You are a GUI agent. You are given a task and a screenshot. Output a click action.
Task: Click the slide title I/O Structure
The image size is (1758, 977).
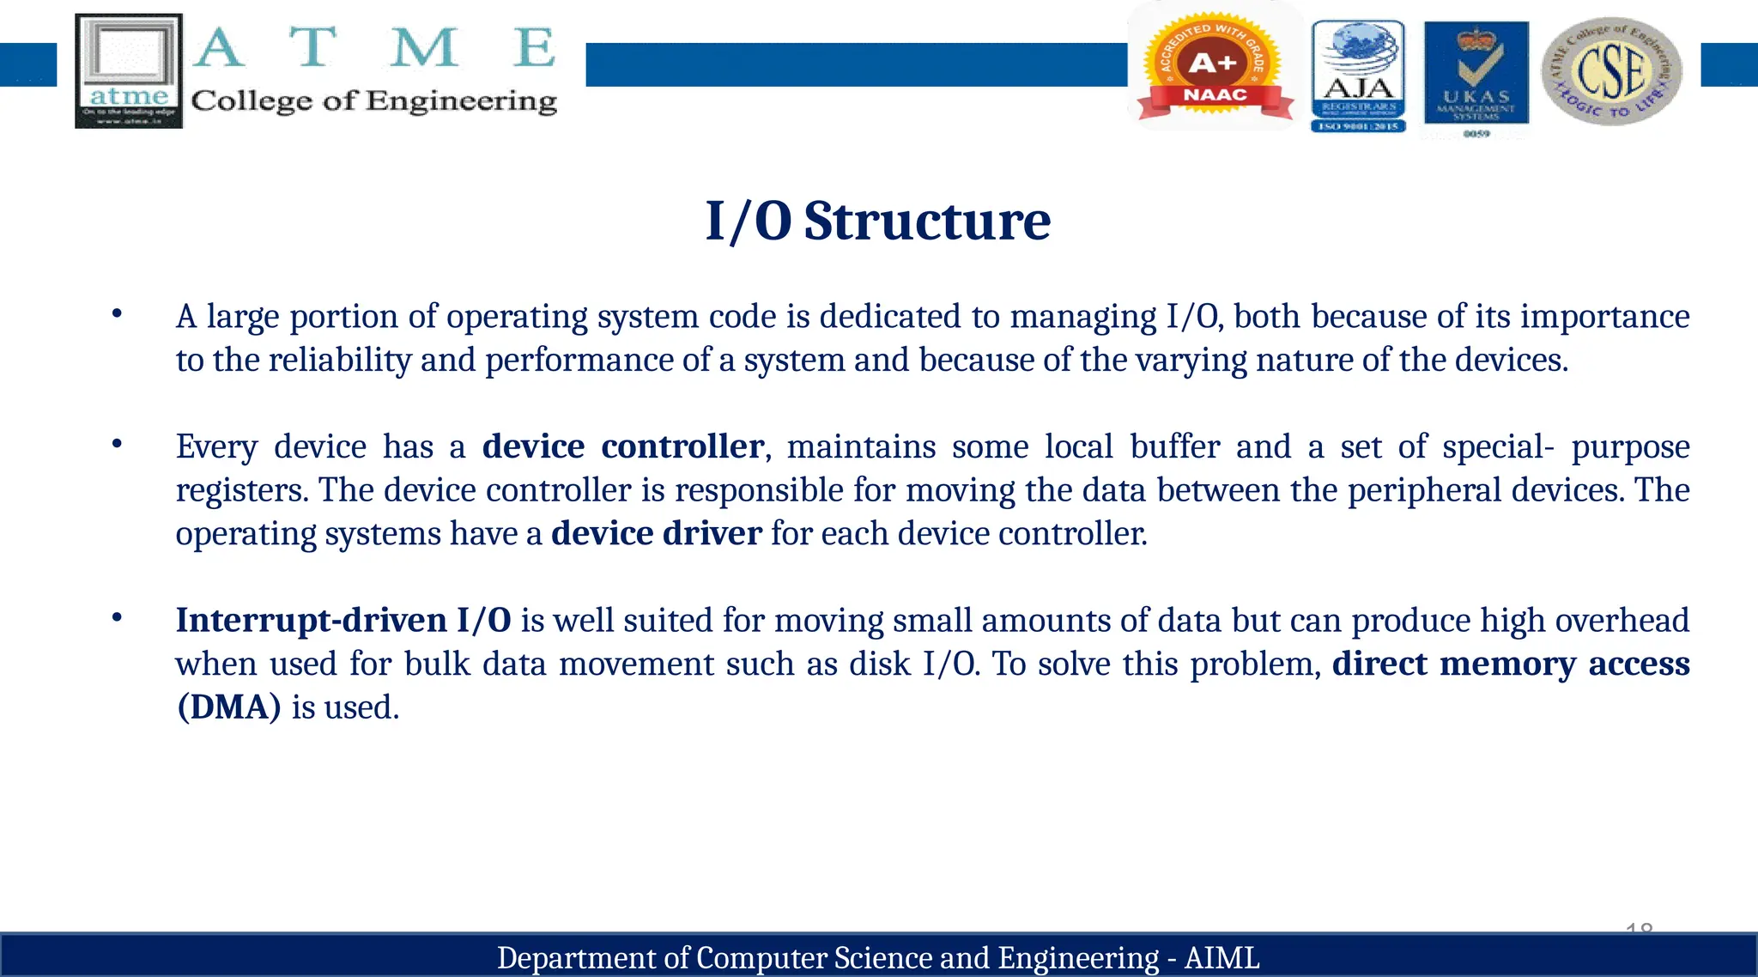click(x=877, y=221)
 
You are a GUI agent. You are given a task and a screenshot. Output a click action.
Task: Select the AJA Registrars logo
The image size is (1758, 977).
click(x=1358, y=76)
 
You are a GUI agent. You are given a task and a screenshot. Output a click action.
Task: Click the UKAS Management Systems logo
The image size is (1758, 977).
click(x=1476, y=76)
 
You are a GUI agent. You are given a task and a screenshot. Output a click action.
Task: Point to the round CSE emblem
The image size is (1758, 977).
click(x=1611, y=71)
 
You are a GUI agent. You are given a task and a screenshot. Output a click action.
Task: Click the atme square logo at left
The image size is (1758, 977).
click(x=129, y=70)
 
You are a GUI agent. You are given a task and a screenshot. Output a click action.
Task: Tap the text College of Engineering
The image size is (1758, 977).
click(x=374, y=101)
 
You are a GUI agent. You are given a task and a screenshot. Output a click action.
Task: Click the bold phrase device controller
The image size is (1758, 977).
click(x=622, y=447)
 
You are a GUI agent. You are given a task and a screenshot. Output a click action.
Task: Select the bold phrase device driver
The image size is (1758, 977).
click(x=656, y=534)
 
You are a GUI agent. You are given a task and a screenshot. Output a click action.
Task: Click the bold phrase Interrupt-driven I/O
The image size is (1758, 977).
click(x=343, y=621)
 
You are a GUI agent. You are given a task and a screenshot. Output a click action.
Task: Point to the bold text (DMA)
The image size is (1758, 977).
click(x=228, y=707)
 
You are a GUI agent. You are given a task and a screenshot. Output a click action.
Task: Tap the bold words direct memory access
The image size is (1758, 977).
click(x=1510, y=664)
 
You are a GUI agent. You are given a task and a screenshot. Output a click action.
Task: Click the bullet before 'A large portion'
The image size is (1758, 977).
click(x=117, y=314)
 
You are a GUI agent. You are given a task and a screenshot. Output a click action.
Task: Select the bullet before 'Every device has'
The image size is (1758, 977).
click(x=117, y=445)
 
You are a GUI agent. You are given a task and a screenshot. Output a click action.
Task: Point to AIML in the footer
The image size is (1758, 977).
click(x=1222, y=958)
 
